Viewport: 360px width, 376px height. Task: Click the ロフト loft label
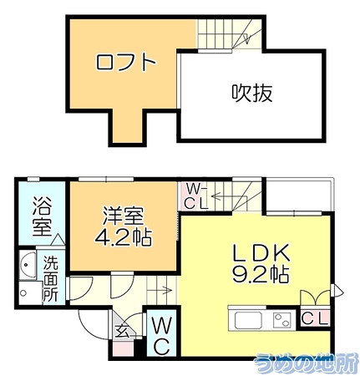pyautogui.click(x=125, y=62)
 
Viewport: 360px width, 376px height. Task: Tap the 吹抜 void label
pyautogui.click(x=252, y=93)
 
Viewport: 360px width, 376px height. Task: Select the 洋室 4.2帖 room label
pyautogui.click(x=124, y=226)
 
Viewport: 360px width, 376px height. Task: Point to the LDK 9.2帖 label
pyautogui.click(x=260, y=263)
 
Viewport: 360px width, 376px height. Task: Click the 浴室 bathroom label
pyautogui.click(x=43, y=216)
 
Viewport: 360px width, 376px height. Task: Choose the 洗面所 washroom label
pyautogui.click(x=50, y=279)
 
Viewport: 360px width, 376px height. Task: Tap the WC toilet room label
pyautogui.click(x=161, y=336)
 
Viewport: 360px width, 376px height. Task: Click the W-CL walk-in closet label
pyautogui.click(x=196, y=197)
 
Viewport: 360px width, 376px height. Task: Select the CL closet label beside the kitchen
pyautogui.click(x=315, y=318)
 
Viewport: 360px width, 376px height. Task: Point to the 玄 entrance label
pyautogui.click(x=124, y=331)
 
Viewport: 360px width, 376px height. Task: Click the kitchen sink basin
pyautogui.click(x=249, y=321)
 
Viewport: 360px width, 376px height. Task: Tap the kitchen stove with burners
pyautogui.click(x=282, y=320)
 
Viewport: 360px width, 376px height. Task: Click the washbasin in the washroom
pyautogui.click(x=28, y=264)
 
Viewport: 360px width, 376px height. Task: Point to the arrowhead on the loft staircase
pyautogui.click(x=246, y=39)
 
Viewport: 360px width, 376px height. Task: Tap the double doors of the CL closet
pyautogui.click(x=315, y=297)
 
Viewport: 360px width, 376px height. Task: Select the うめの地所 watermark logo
pyautogui.click(x=307, y=363)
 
